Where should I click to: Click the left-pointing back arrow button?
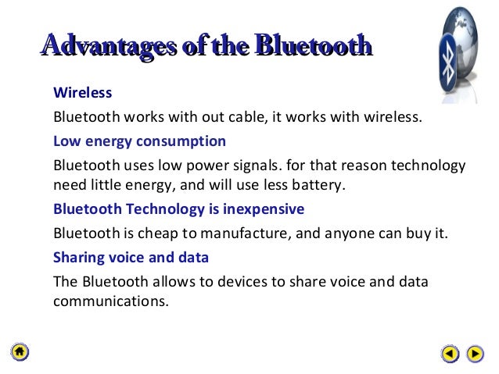point(450,354)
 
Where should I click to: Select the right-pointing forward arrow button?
point(475,354)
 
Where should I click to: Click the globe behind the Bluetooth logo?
point(469,39)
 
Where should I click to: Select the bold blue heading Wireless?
point(82,93)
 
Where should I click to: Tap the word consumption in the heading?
point(186,141)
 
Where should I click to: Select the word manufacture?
point(232,233)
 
